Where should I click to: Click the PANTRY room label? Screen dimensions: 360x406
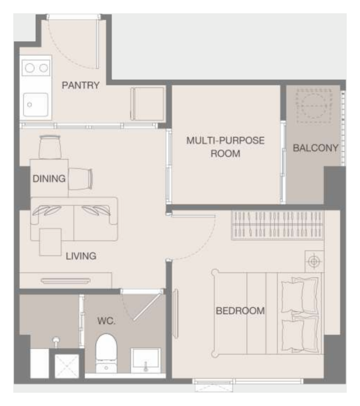81,85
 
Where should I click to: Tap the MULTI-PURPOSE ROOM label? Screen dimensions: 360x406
225,147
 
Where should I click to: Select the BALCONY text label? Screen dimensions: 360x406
315,148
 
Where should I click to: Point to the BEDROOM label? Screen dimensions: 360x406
240,311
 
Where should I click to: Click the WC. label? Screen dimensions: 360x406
106,321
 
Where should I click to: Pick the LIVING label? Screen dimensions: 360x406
81,256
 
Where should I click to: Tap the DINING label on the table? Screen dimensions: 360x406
49,179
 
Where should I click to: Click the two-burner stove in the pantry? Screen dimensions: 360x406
36,68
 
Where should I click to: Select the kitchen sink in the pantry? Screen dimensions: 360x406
36,105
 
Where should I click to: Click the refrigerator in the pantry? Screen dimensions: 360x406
147,104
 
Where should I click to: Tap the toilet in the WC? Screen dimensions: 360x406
106,353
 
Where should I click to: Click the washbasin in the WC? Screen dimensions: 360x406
145,361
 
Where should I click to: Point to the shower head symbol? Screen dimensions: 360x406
56,341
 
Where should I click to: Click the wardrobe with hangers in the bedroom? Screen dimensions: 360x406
277,225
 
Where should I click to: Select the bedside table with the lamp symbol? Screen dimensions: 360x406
314,262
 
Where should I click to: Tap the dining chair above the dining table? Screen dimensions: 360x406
50,147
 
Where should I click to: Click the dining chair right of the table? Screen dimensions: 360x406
81,179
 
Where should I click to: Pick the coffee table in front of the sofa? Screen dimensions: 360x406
51,242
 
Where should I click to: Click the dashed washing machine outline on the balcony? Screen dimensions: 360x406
314,106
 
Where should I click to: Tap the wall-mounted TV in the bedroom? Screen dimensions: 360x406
175,314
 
